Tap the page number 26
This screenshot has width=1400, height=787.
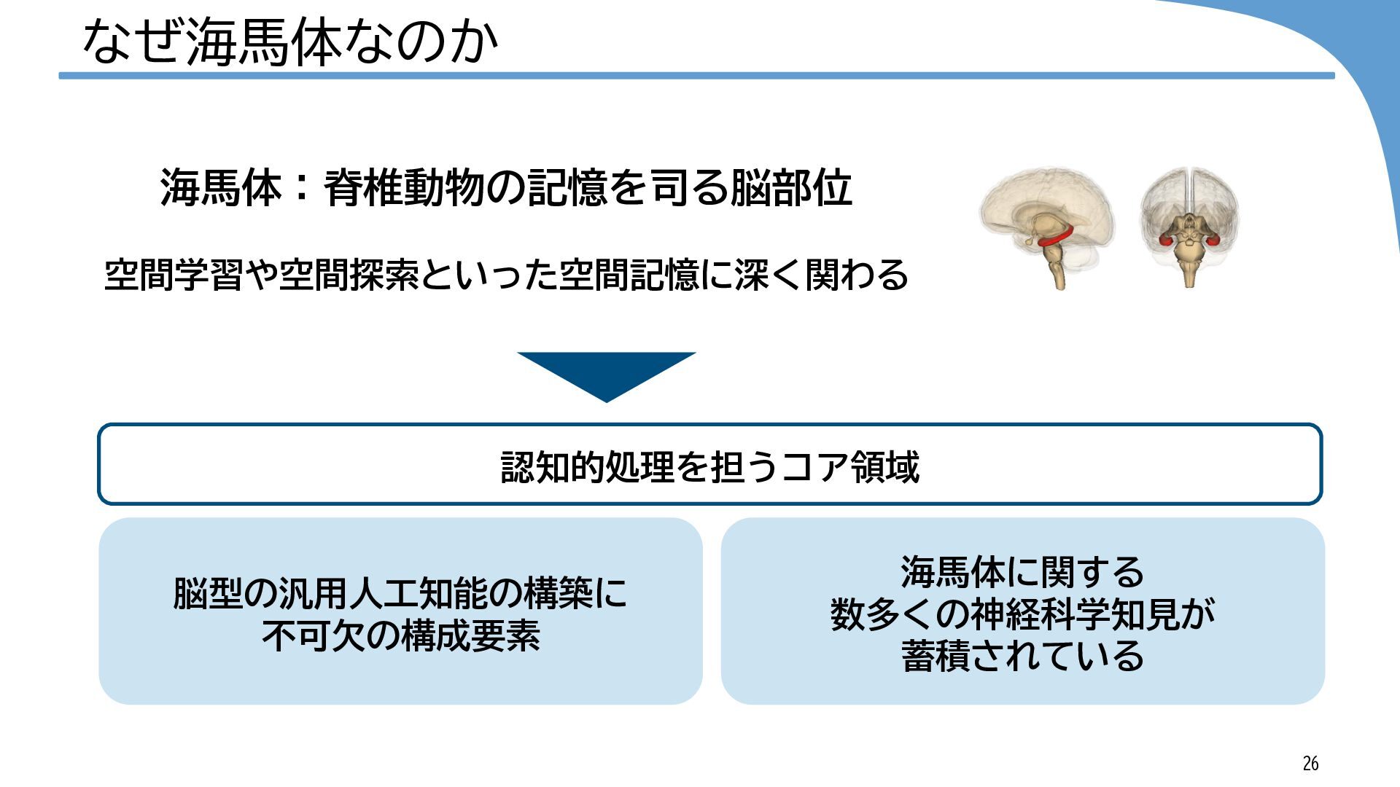1310,763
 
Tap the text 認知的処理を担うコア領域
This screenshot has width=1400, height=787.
709,466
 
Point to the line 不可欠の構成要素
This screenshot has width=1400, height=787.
400,635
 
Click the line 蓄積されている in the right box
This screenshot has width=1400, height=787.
1022,656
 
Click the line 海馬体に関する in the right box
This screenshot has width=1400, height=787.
1022,572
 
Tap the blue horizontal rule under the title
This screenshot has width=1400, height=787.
696,76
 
